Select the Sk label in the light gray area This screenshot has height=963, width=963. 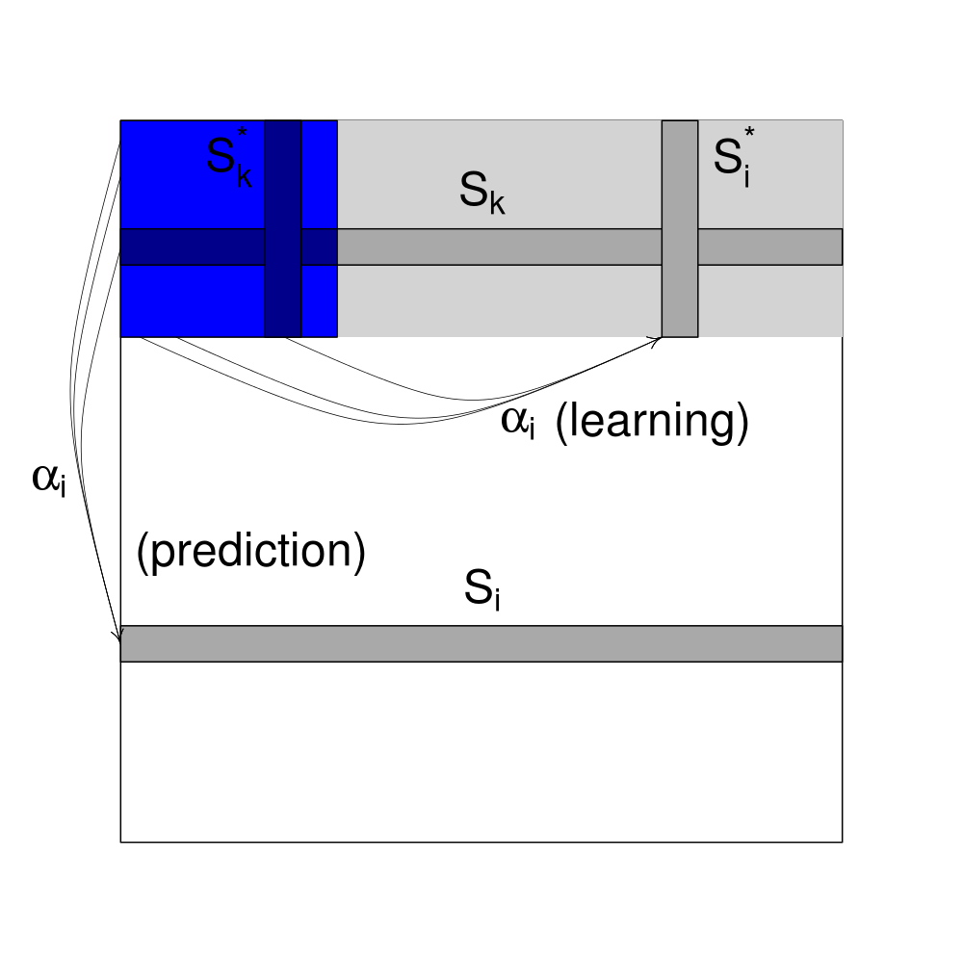tap(481, 194)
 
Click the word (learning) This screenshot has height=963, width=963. tap(652, 424)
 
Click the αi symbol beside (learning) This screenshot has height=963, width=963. tap(517, 425)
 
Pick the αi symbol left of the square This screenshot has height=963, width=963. tap(49, 479)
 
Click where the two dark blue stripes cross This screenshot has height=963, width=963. tap(283, 247)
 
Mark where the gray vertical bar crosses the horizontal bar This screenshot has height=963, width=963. tap(680, 247)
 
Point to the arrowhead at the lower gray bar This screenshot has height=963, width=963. tap(119, 637)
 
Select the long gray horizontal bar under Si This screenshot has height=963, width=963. tap(481, 643)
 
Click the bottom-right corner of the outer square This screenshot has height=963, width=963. tap(843, 843)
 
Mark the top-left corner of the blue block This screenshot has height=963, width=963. tap(120, 120)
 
